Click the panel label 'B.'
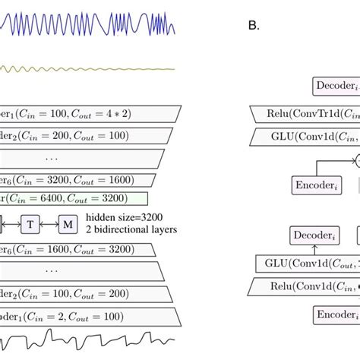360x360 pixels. click(254, 25)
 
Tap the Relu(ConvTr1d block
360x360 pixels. click(304, 115)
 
